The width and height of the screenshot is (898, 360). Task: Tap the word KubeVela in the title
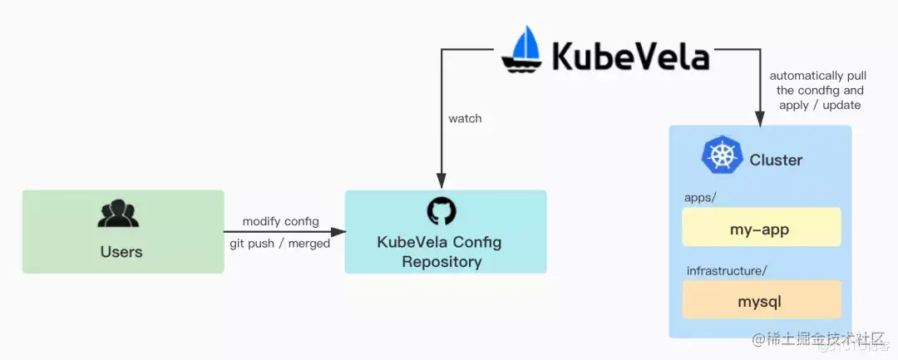pos(631,57)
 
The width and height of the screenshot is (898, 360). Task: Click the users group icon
pos(118,214)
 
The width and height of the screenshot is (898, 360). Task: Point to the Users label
pos(121,251)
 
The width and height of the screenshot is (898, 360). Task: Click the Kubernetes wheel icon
pos(721,156)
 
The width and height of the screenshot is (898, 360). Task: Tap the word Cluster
pos(776,160)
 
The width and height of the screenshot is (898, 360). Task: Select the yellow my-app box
pos(762,227)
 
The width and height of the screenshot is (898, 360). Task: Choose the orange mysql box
pos(762,299)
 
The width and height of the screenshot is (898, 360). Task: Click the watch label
pos(465,118)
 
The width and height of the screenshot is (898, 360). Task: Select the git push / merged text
pos(279,244)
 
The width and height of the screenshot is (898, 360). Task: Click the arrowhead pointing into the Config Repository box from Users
pos(339,232)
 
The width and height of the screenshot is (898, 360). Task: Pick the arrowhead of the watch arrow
pos(442,182)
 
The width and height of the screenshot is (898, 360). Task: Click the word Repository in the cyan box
pos(442,262)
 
